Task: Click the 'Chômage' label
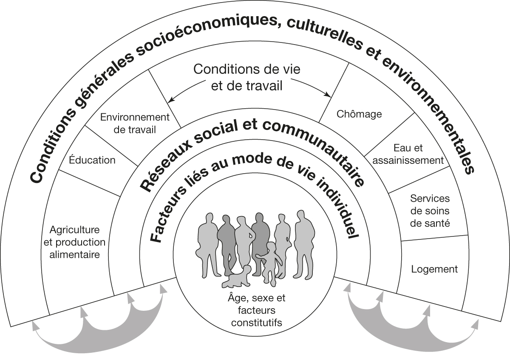pyautogui.click(x=359, y=114)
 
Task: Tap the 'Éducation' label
pyautogui.click(x=93, y=160)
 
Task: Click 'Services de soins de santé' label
pyautogui.click(x=430, y=211)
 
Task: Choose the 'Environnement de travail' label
pyautogui.click(x=135, y=123)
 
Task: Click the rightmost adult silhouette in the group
pyautogui.click(x=305, y=242)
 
